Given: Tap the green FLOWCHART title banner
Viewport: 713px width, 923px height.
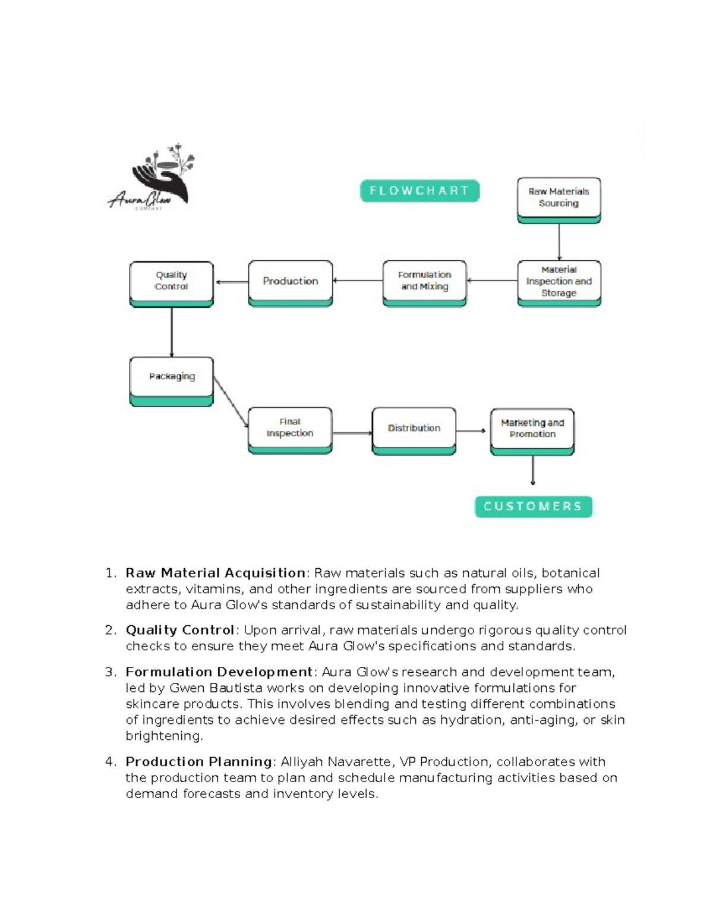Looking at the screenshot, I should [419, 191].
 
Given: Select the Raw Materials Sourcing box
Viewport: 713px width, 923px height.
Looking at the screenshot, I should [559, 199].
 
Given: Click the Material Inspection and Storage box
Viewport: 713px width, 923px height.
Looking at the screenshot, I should [559, 282].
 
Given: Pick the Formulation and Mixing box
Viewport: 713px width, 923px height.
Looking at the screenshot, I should [424, 282].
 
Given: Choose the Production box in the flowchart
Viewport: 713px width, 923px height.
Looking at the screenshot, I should [291, 282].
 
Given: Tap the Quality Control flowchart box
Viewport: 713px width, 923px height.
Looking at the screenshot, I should [171, 283].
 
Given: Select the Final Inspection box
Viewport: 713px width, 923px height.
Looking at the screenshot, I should [290, 430].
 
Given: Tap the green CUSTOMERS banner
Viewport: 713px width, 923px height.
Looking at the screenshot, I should [533, 506].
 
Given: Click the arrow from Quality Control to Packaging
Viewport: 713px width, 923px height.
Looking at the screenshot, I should [172, 332].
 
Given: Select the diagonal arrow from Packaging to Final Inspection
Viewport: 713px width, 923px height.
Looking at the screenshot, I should [231, 401].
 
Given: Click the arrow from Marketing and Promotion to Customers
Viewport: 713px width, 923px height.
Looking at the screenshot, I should [533, 470].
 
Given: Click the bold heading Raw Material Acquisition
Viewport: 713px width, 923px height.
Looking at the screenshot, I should [216, 573].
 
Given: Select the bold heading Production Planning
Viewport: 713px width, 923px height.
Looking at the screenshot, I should [199, 762].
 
